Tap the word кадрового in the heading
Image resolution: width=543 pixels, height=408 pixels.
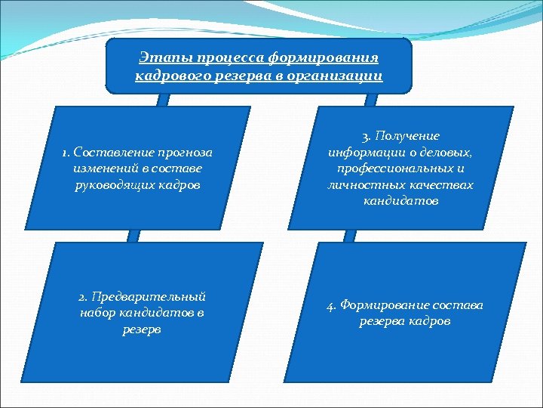pos(166,76)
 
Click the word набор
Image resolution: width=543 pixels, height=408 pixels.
pos(96,313)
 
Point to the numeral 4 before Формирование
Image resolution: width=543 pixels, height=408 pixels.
pos(330,305)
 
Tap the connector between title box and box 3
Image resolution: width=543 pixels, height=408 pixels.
pos(370,99)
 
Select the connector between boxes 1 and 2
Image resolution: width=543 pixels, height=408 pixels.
pos(133,235)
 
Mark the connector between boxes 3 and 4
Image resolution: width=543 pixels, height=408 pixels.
pos(349,235)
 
